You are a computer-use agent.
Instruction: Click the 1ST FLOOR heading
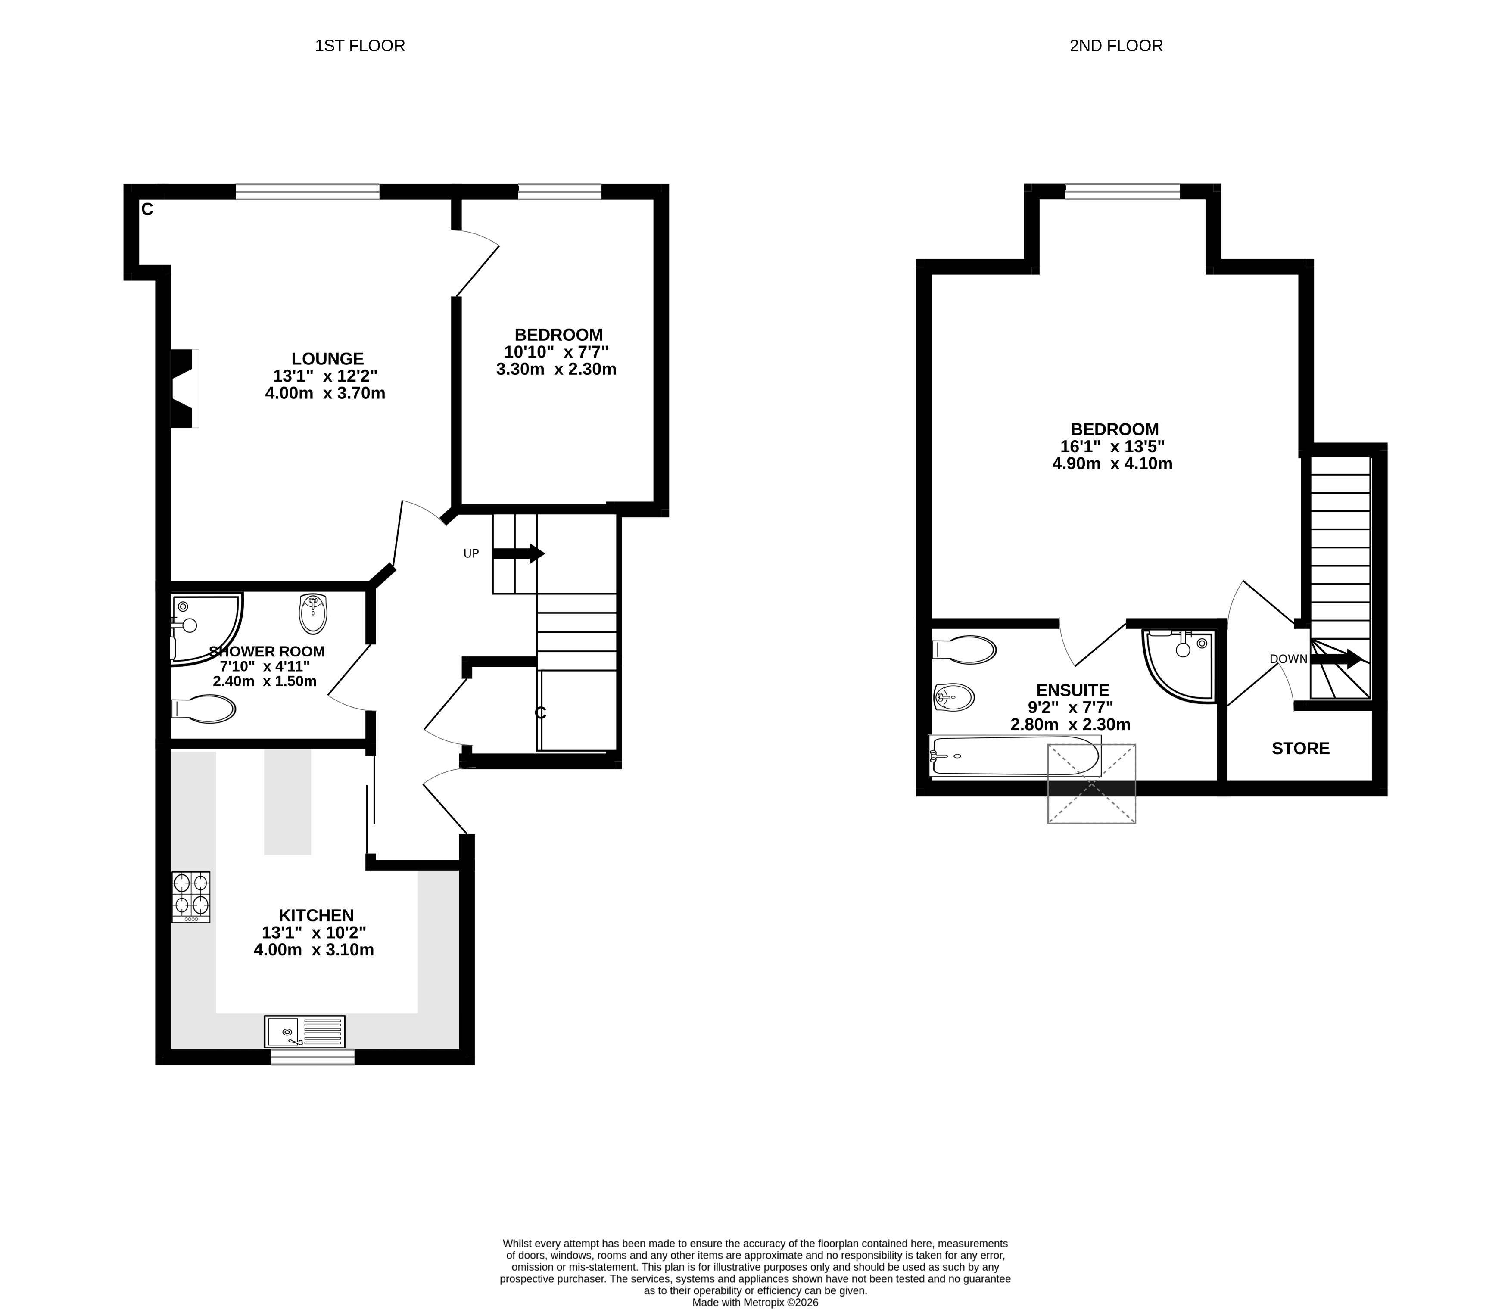click(359, 46)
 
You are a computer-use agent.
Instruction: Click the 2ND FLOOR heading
click(1116, 46)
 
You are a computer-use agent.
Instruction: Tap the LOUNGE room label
click(327, 359)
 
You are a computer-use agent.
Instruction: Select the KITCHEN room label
click(316, 915)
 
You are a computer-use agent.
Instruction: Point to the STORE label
click(1301, 748)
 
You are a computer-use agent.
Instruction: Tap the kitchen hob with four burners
click(191, 897)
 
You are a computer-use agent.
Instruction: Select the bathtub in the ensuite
click(1015, 756)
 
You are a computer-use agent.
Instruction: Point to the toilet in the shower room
click(203, 709)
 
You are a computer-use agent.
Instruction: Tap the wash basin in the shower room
click(313, 613)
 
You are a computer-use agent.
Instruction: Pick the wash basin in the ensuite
click(953, 697)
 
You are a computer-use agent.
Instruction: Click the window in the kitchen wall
click(313, 1057)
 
